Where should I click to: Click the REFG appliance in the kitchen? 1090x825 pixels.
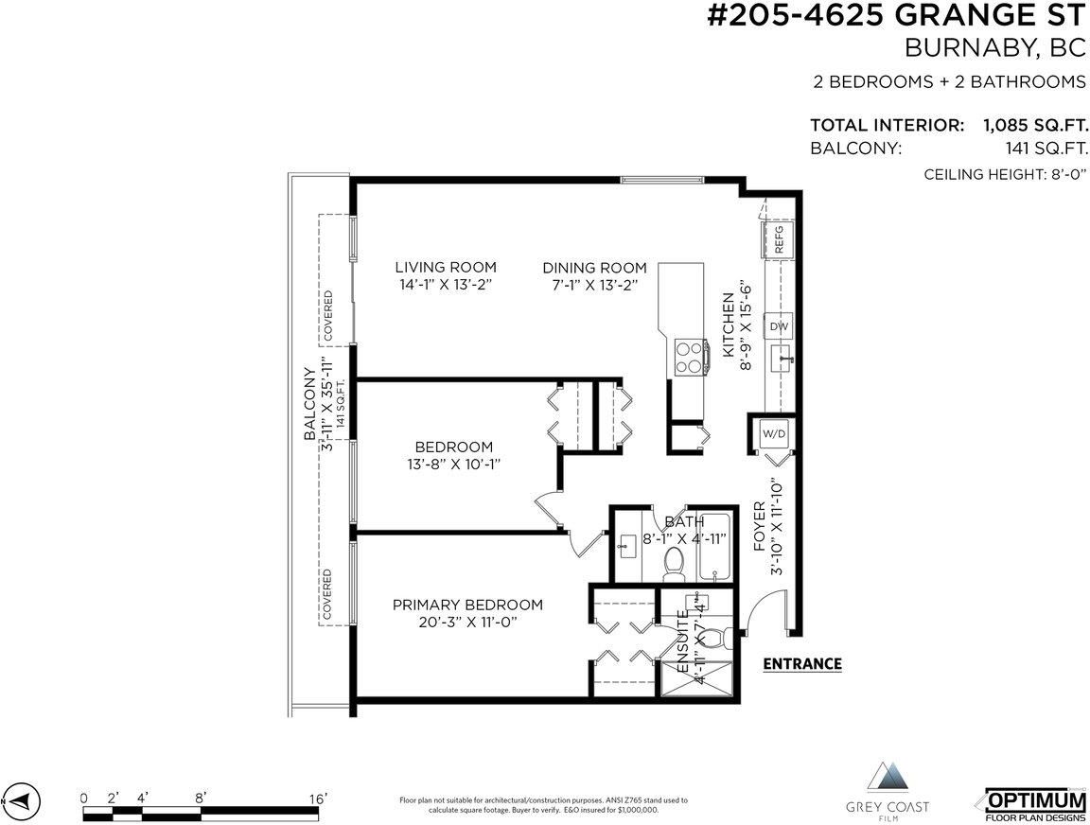pyautogui.click(x=779, y=239)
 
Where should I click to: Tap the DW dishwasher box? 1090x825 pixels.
pyautogui.click(x=779, y=326)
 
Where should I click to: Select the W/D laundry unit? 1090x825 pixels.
pyautogui.click(x=774, y=434)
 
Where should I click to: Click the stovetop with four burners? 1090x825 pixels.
pyautogui.click(x=690, y=358)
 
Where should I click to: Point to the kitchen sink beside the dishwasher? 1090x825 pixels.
pyautogui.click(x=782, y=359)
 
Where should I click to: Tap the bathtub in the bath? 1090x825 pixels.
pyautogui.click(x=713, y=547)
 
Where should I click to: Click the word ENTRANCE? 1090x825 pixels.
pyautogui.click(x=802, y=664)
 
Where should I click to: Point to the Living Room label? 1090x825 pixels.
pyautogui.click(x=446, y=267)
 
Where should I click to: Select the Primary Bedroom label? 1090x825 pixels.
pyautogui.click(x=467, y=605)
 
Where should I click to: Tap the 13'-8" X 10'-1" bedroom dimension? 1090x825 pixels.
pyautogui.click(x=454, y=465)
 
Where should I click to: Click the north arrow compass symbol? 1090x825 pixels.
pyautogui.click(x=22, y=800)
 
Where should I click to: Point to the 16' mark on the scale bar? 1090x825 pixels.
pyautogui.click(x=317, y=799)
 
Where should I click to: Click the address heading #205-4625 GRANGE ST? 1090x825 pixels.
pyautogui.click(x=896, y=15)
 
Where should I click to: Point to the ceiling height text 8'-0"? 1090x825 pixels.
pyautogui.click(x=1067, y=174)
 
